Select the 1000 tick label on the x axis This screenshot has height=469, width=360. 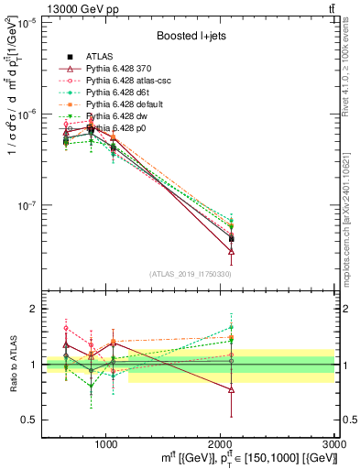point(106,442)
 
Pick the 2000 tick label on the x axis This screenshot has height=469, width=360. point(221,442)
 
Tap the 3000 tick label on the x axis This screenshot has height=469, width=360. point(333,442)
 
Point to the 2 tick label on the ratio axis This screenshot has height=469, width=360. point(33,310)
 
